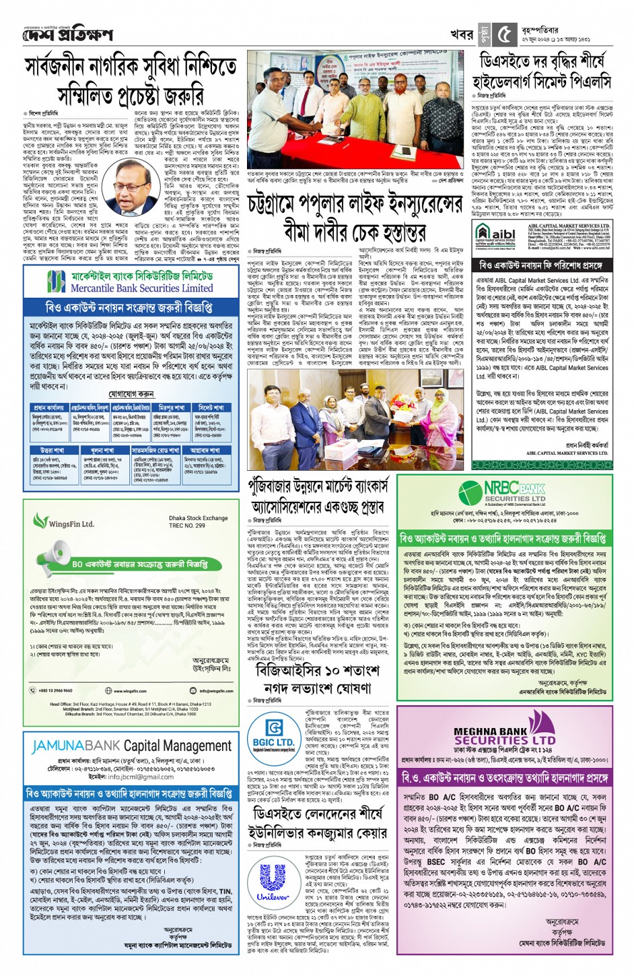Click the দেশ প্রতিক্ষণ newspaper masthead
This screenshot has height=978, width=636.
pos(67,34)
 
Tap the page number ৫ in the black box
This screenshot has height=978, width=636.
pos(505,34)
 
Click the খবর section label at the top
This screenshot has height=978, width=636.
pos(462,34)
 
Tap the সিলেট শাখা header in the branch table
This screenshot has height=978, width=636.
pos(211,407)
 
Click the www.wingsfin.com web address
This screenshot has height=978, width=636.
pos(129,691)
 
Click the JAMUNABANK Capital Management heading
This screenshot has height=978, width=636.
pos(132,746)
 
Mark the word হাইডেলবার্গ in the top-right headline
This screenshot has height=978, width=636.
pos(516,81)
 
